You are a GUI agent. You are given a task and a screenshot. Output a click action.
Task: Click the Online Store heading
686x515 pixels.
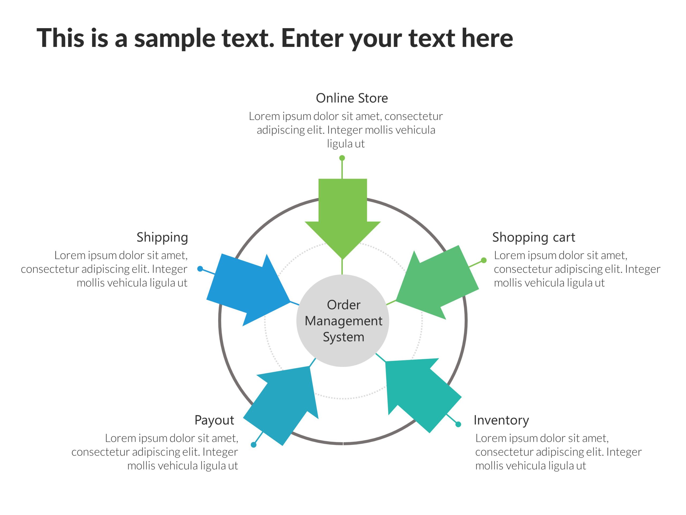click(x=352, y=98)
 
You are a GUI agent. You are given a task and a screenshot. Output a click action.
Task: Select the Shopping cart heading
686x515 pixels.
click(x=534, y=237)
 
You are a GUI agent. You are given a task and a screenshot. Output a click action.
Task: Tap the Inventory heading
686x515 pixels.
click(x=501, y=420)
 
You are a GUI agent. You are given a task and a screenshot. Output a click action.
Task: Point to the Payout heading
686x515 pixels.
click(x=214, y=420)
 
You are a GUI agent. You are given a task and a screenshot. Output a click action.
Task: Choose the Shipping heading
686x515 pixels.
click(x=162, y=237)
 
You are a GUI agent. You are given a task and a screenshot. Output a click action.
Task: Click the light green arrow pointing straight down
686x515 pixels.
click(x=343, y=217)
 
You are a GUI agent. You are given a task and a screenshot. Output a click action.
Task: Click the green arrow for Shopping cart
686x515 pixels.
click(x=437, y=282)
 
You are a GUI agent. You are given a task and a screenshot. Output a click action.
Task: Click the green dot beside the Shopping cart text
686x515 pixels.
click(x=483, y=260)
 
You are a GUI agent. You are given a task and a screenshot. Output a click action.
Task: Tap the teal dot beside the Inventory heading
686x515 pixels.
click(x=458, y=424)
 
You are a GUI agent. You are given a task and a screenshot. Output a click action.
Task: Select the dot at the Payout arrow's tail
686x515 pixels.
click(x=253, y=445)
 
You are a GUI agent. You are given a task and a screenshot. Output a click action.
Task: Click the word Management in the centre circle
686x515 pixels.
click(x=343, y=321)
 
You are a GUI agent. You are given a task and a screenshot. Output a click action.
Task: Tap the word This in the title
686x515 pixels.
click(x=61, y=38)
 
